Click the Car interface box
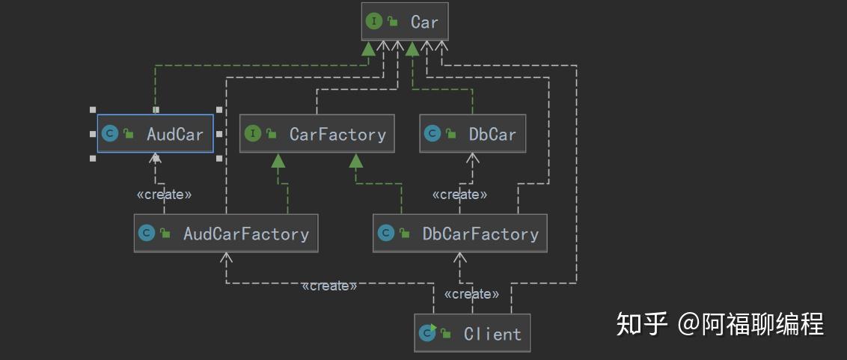(x=405, y=22)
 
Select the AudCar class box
(x=156, y=134)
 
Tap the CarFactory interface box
(x=317, y=134)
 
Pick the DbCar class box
(x=472, y=134)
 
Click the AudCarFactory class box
(x=226, y=234)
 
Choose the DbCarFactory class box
(x=460, y=234)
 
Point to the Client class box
(x=472, y=333)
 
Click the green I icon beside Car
(x=373, y=22)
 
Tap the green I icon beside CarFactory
(x=253, y=134)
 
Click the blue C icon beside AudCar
(x=110, y=134)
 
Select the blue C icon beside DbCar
(x=432, y=134)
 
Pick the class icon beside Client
(x=428, y=333)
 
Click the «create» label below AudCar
(x=164, y=195)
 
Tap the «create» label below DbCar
(x=459, y=195)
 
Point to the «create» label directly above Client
(x=471, y=294)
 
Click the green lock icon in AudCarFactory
(x=165, y=234)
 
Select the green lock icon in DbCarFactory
(x=404, y=234)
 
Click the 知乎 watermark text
(x=641, y=324)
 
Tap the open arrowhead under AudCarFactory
(x=227, y=257)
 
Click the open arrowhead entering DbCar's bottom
(x=472, y=158)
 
